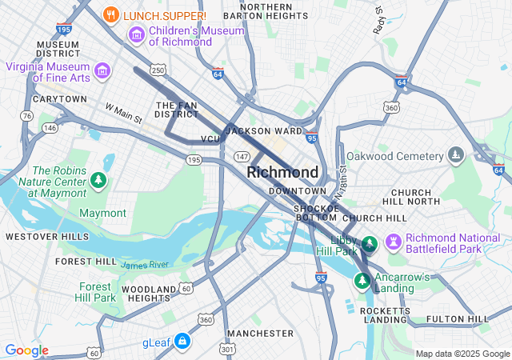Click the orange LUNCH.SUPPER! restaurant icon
(112, 15)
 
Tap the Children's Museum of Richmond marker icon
(136, 35)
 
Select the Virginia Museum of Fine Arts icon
(102, 71)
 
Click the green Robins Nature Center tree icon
(98, 180)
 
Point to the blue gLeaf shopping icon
(182, 342)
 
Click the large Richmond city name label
(282, 172)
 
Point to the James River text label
(145, 264)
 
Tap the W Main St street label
(123, 114)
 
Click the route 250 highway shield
(158, 71)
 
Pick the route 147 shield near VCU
(241, 155)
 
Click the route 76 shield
(27, 116)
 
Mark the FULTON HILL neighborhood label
(457, 319)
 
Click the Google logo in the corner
(26, 350)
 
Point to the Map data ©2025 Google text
(462, 354)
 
